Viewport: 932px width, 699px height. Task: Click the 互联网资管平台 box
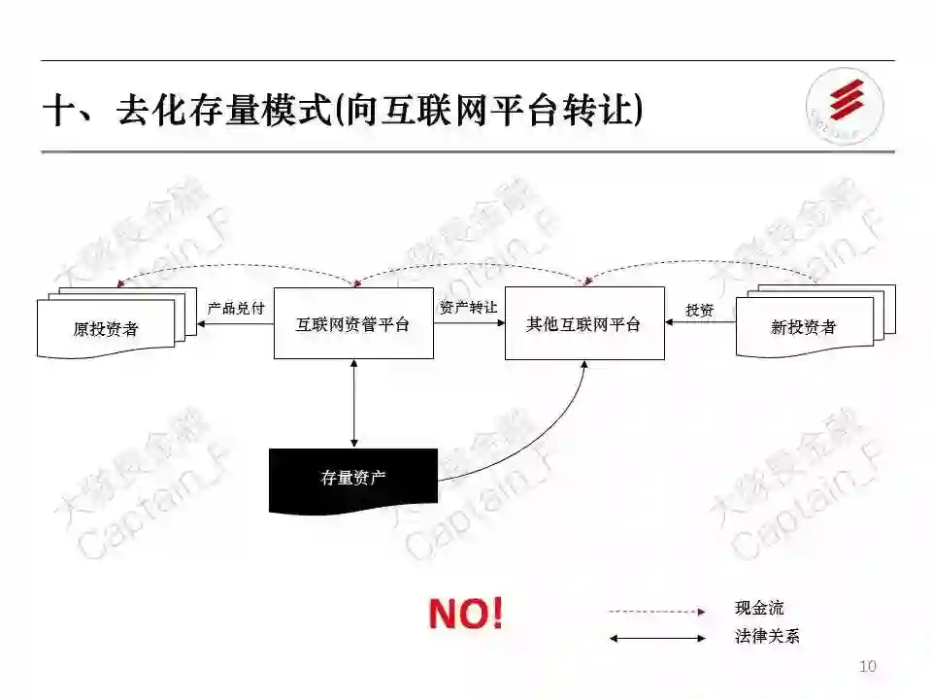click(x=353, y=323)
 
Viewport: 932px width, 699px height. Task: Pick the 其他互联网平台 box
click(x=584, y=323)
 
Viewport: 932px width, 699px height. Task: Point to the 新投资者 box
click(x=804, y=327)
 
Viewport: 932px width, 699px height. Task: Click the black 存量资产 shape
click(x=353, y=478)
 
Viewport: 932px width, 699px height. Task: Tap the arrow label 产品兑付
click(x=236, y=308)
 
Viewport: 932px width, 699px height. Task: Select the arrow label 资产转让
click(x=468, y=307)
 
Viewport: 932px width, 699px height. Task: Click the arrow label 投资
click(x=699, y=310)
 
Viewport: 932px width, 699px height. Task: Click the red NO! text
click(x=466, y=614)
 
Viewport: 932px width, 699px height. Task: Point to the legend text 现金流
click(x=759, y=609)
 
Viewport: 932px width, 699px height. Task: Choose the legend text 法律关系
click(x=767, y=638)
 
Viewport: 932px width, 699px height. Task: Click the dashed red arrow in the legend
click(x=656, y=612)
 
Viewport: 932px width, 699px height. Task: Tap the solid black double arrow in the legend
click(x=656, y=638)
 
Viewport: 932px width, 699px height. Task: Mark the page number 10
click(x=868, y=666)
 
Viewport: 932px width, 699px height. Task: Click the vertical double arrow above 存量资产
click(x=353, y=403)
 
